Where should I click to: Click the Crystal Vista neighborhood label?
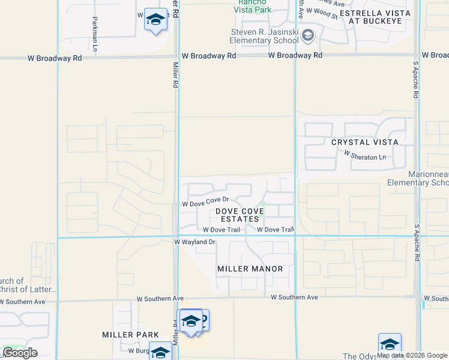(x=364, y=142)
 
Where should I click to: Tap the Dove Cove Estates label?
(x=238, y=215)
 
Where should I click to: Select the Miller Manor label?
(x=250, y=269)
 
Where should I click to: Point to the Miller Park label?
(x=130, y=335)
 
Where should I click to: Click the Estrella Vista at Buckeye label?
(x=375, y=16)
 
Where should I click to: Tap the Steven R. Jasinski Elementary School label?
(x=265, y=37)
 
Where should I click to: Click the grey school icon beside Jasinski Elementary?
(x=308, y=36)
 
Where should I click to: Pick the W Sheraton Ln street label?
(x=365, y=155)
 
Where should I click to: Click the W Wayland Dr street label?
(x=194, y=242)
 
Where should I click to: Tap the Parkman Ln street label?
(x=95, y=33)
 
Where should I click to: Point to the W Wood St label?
(x=322, y=10)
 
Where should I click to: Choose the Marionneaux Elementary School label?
(x=418, y=178)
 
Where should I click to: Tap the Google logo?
(x=20, y=353)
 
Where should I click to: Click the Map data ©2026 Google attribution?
(x=412, y=355)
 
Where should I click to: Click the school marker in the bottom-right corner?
(x=390, y=344)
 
